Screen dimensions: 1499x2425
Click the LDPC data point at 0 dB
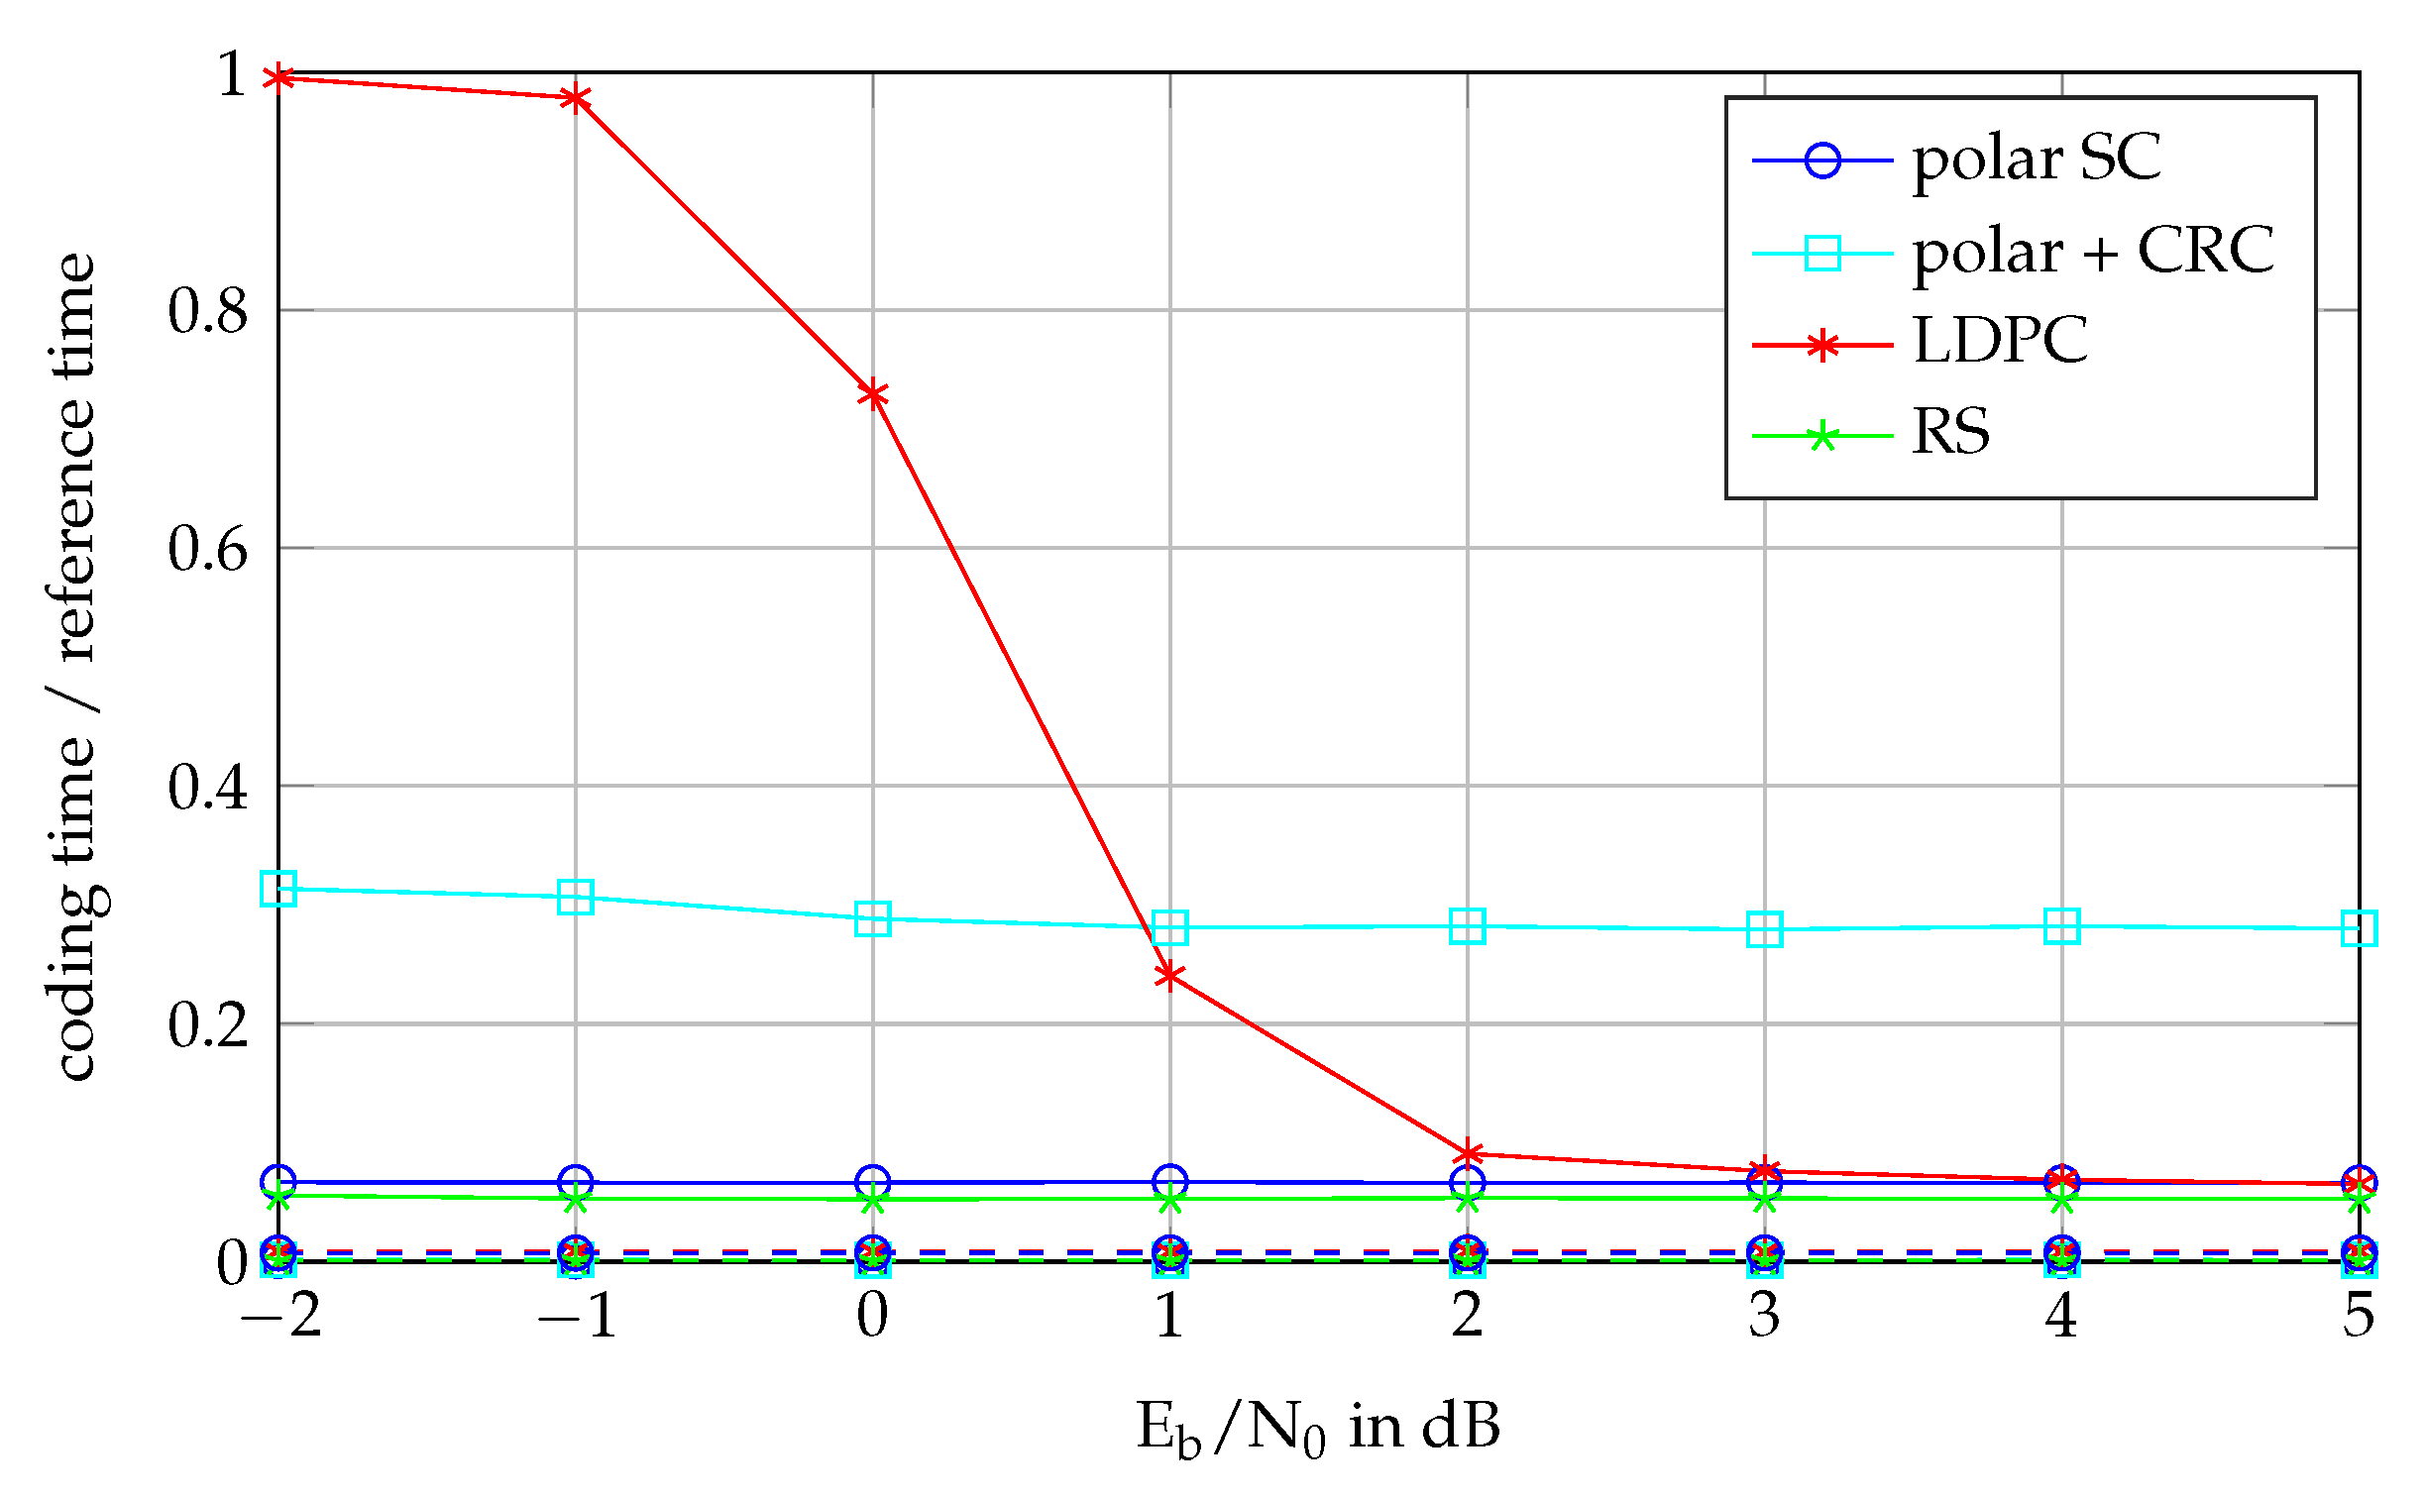pos(872,394)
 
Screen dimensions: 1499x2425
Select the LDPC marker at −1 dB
pos(575,97)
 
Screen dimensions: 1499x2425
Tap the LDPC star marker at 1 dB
pos(1169,976)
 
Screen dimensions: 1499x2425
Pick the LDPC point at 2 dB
pos(1468,1153)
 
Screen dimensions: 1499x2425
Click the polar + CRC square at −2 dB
pos(278,889)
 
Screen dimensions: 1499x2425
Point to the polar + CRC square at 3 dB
pos(1765,929)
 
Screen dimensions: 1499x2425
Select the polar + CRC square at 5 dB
pos(2359,928)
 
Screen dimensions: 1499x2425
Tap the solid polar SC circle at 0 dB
pos(872,1182)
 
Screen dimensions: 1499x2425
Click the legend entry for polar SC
pos(2036,159)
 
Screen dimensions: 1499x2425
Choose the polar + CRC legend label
pos(2092,252)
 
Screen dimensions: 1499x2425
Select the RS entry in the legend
pos(1949,432)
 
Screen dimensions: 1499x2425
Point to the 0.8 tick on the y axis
pos(207,310)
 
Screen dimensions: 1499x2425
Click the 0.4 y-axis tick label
pos(207,787)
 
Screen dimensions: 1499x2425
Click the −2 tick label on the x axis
pos(280,1316)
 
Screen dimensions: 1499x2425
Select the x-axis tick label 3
pos(1765,1316)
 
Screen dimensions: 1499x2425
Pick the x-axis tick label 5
pos(2359,1316)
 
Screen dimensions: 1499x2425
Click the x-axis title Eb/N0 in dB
pos(1318,1429)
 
